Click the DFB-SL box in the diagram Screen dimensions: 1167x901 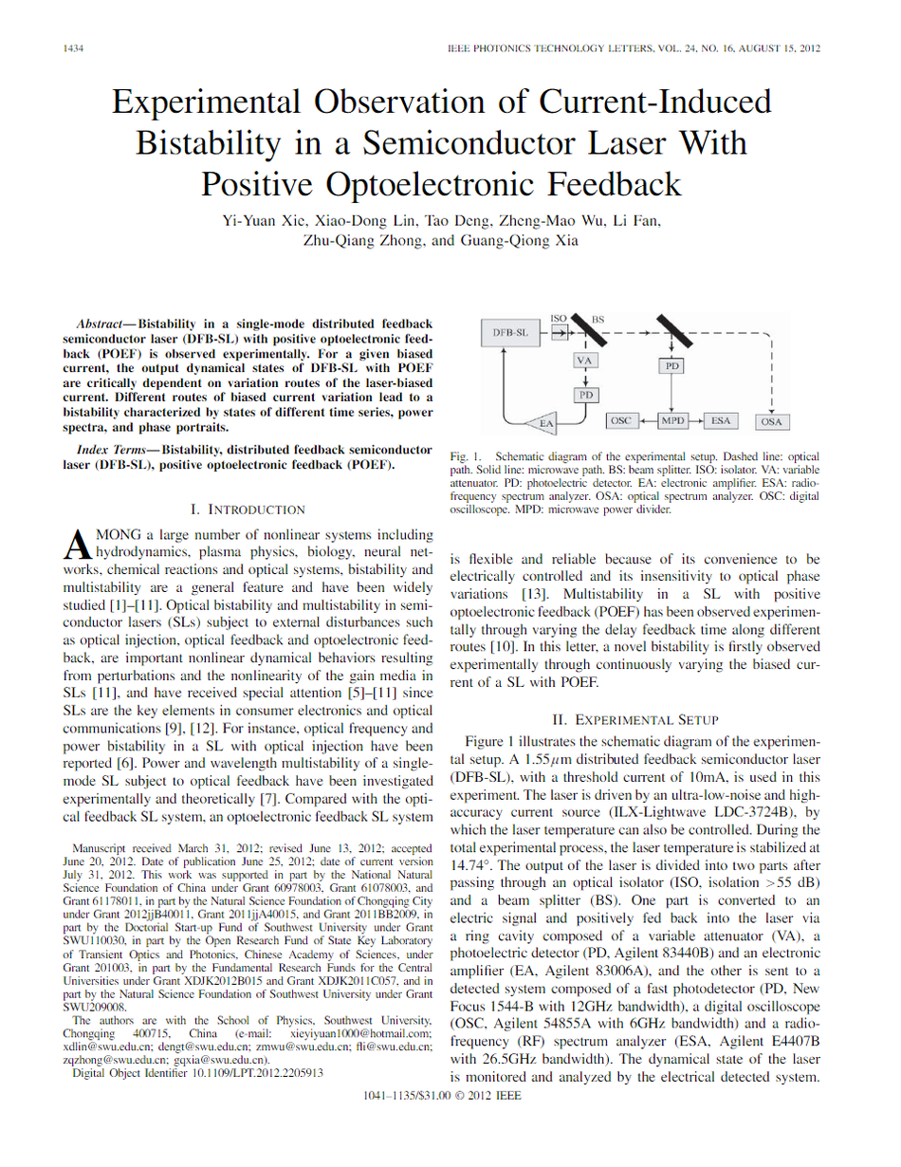pos(509,333)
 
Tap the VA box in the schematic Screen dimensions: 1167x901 pos(585,361)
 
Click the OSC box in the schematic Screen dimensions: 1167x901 pos(620,419)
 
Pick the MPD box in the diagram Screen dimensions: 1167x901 pos(672,419)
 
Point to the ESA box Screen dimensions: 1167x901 pos(721,419)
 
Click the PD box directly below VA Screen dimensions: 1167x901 pos(585,393)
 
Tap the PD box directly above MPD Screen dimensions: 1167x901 pos(671,364)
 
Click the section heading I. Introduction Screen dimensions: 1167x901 pos(248,509)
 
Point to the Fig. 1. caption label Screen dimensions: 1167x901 pos(467,456)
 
